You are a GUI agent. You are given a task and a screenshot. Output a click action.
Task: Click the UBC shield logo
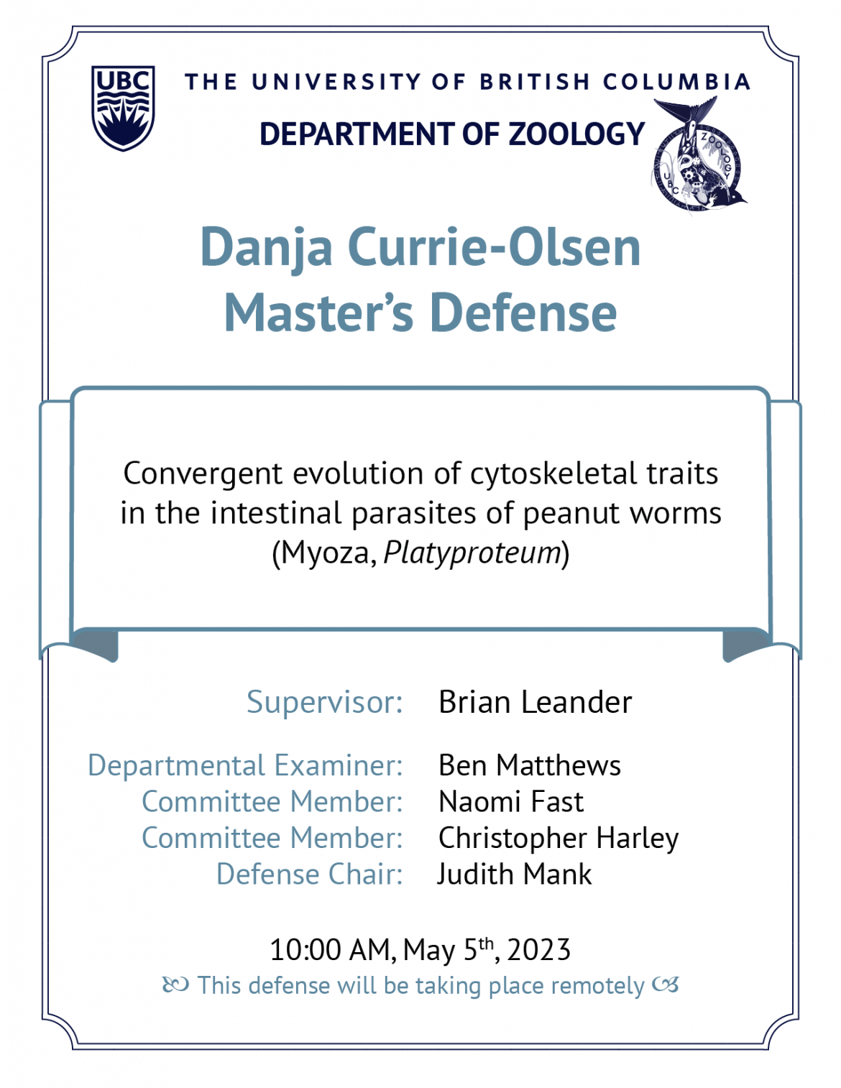click(x=123, y=108)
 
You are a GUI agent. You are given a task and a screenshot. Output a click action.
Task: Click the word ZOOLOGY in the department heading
click(x=576, y=134)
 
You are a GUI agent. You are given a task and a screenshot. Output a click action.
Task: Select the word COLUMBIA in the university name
click(x=676, y=82)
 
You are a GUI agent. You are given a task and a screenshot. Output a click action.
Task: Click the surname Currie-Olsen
click(x=494, y=246)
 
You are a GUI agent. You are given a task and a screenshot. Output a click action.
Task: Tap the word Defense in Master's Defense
click(x=523, y=313)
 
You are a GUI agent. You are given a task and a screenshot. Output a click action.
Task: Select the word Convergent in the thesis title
click(x=203, y=474)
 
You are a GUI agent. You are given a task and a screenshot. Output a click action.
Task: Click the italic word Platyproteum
click(x=472, y=553)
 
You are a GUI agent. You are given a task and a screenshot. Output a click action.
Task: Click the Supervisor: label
click(x=324, y=702)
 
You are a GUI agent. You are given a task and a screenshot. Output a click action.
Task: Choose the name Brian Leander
click(x=535, y=702)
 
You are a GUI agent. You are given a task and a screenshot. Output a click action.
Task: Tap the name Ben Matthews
click(x=530, y=765)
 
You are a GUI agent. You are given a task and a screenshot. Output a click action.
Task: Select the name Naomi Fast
click(x=511, y=801)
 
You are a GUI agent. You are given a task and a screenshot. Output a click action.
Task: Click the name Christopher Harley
click(x=559, y=839)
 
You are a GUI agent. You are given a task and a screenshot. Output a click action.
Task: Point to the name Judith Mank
click(x=515, y=874)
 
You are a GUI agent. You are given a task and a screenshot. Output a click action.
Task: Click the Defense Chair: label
click(x=309, y=875)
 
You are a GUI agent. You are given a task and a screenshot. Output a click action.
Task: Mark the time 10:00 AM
click(x=330, y=950)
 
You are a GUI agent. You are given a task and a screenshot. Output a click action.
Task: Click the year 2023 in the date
click(x=538, y=950)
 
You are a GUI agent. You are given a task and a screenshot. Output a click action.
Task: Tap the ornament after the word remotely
click(x=666, y=986)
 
